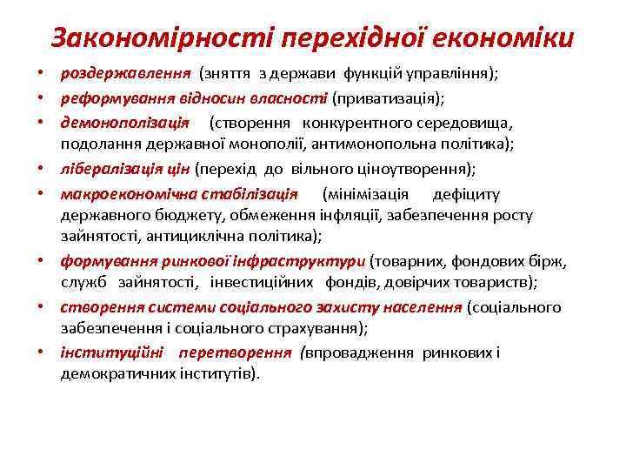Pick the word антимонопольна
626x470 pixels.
[393, 144]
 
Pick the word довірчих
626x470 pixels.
[443, 282]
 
